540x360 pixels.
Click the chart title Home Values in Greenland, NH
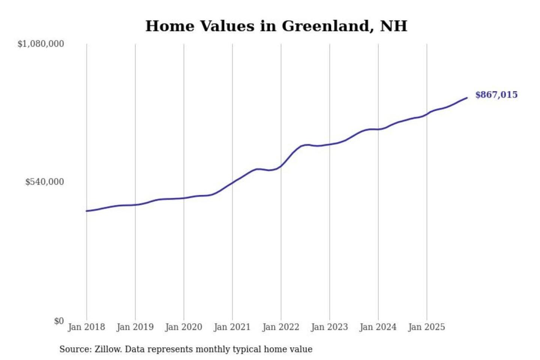point(276,26)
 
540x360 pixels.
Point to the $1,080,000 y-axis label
point(41,44)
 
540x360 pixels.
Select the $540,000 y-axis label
point(45,182)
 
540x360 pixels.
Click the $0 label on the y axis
point(59,321)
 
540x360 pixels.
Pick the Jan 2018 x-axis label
point(86,327)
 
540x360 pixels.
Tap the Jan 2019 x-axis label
point(135,327)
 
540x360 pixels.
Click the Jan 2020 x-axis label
point(183,327)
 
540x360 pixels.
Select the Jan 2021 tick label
point(232,327)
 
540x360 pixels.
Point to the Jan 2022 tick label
point(281,327)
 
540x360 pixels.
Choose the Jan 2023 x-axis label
point(329,327)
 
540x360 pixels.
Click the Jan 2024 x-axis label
point(378,327)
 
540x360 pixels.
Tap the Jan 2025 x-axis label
point(426,327)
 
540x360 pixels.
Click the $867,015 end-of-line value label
point(496,95)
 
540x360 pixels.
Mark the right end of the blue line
point(467,98)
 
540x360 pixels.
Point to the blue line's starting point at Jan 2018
point(87,211)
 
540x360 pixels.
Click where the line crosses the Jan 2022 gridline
point(281,166)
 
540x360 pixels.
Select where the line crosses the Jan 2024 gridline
point(378,129)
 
